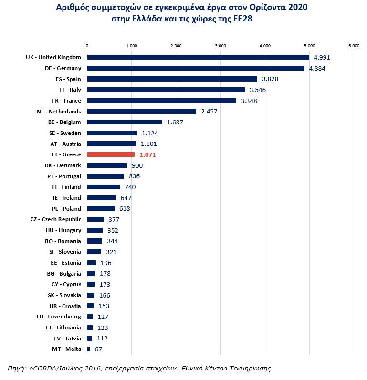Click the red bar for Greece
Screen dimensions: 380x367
(x=111, y=154)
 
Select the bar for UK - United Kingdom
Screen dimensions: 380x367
(x=198, y=57)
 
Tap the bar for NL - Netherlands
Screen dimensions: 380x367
(x=141, y=112)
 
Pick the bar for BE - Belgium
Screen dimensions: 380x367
(x=125, y=122)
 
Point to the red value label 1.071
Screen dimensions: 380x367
(x=147, y=155)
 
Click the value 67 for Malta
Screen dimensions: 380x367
(x=98, y=349)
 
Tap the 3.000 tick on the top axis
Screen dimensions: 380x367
(x=220, y=46)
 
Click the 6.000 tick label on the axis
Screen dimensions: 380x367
(x=354, y=46)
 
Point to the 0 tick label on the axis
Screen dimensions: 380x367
(x=87, y=46)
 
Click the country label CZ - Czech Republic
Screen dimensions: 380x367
(x=56, y=219)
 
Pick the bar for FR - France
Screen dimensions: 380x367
(x=161, y=101)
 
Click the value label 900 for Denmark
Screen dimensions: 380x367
(x=137, y=165)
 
